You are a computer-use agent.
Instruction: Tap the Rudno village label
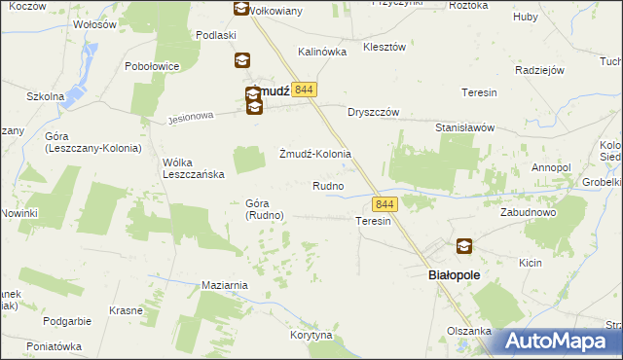[x=327, y=186]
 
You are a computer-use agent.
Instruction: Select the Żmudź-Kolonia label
[x=314, y=154]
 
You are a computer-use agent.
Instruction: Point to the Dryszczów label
[x=374, y=112]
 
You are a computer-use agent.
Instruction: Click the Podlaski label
[x=216, y=35]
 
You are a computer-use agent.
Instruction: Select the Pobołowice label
[x=152, y=66]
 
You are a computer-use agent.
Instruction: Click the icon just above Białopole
[x=464, y=247]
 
